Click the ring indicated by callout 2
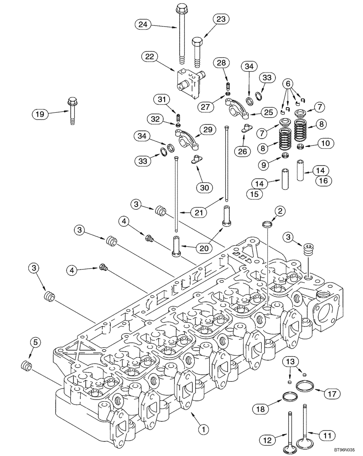pos(268,224)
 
